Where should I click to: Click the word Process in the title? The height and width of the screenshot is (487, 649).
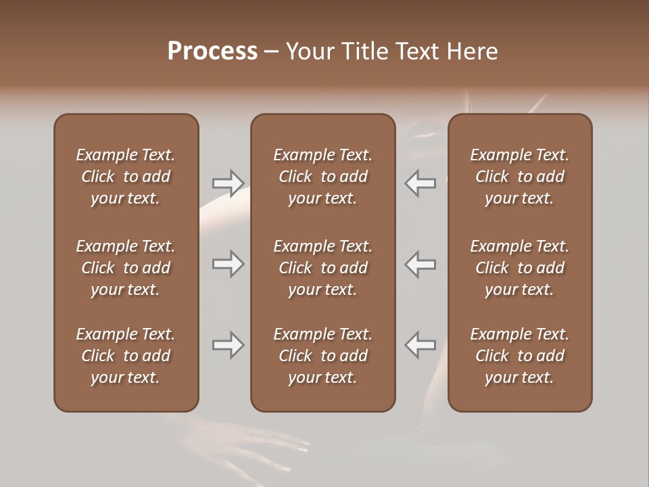coord(212,51)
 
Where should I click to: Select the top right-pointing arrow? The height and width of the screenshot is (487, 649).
coord(228,183)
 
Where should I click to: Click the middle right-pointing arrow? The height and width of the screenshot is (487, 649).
coord(228,264)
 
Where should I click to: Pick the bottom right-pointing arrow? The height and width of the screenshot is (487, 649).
coord(228,345)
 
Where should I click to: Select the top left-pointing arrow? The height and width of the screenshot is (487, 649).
coord(420,183)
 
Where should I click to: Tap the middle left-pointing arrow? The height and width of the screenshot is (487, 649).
coord(420,264)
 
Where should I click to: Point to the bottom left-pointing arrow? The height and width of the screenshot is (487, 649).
coord(420,345)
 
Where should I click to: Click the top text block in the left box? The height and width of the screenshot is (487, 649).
coord(126,177)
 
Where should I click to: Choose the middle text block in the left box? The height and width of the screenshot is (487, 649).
coord(126,268)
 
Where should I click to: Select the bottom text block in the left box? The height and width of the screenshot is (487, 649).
coord(126,356)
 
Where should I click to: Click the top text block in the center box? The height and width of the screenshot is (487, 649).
coord(323,177)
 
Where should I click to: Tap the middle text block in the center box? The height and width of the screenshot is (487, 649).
coord(323,268)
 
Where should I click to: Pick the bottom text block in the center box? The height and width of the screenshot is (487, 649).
coord(323,356)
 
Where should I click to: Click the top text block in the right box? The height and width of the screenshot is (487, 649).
coord(520,177)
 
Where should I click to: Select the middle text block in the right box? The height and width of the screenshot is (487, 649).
coord(520,268)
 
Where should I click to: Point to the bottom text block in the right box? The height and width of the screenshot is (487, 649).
coord(520,356)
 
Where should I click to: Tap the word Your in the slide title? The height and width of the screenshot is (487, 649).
coord(310,51)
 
